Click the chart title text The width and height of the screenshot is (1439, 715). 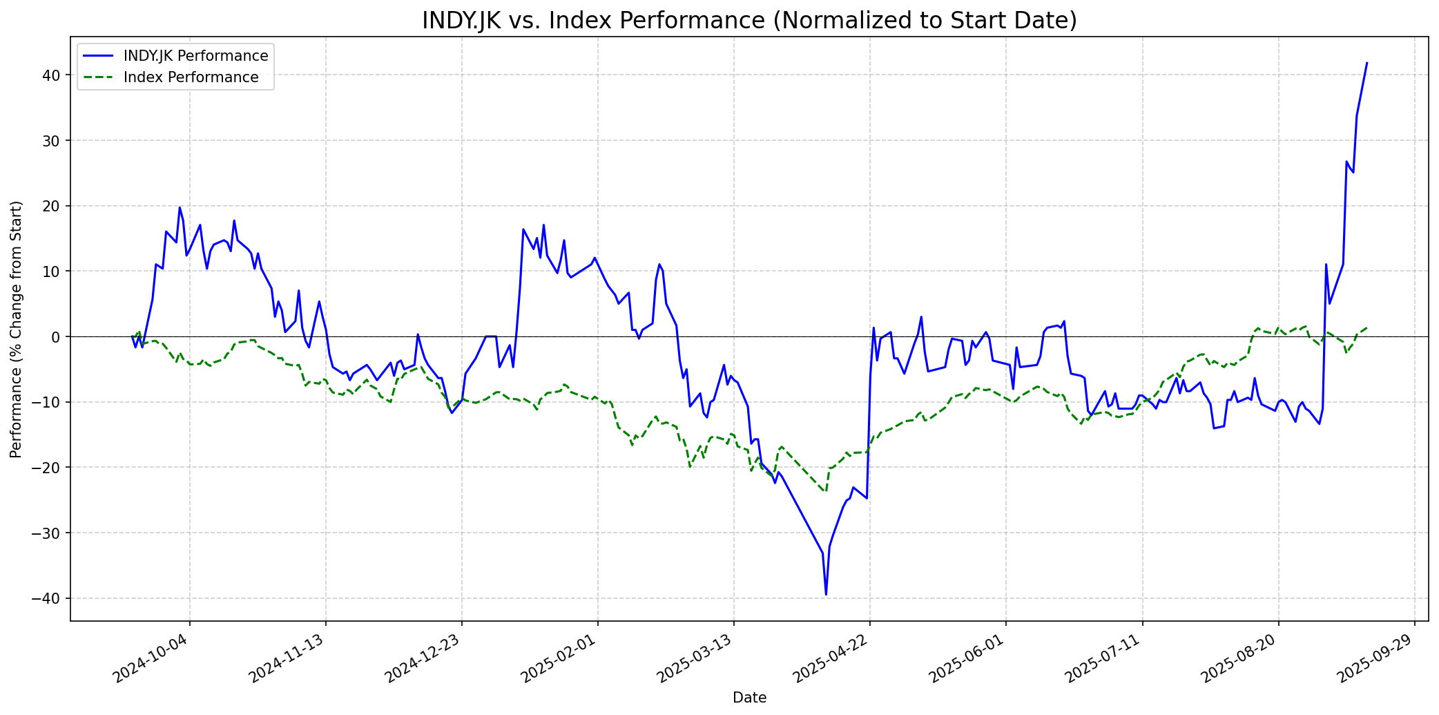(749, 21)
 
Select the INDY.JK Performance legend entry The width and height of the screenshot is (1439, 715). (195, 56)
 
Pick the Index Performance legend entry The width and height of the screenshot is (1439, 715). (191, 77)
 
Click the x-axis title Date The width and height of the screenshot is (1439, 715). (749, 698)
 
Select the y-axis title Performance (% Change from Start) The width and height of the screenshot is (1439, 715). (17, 330)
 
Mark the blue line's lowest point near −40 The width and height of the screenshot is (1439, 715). (826, 594)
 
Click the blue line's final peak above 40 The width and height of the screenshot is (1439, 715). (1366, 63)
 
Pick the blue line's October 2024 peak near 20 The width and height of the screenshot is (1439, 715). (180, 207)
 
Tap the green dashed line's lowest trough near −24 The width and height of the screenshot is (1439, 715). (824, 491)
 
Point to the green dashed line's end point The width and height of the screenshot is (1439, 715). (1366, 327)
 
